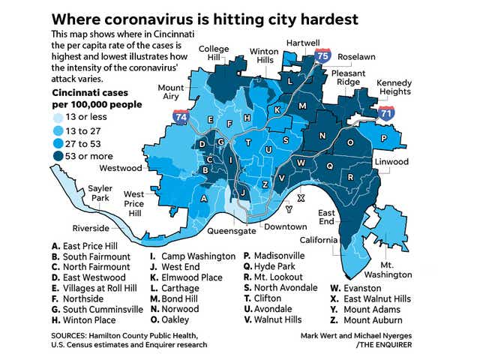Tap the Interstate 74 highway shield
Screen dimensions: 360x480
click(180, 117)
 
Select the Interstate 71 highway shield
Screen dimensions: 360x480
click(385, 114)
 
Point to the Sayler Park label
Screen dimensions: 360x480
click(100, 192)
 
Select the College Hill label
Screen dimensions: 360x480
click(214, 54)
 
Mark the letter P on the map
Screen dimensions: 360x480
click(382, 138)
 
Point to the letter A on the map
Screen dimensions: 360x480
click(203, 198)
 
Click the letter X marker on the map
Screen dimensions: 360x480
click(301, 198)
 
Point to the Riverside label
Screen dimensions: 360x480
click(91, 228)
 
